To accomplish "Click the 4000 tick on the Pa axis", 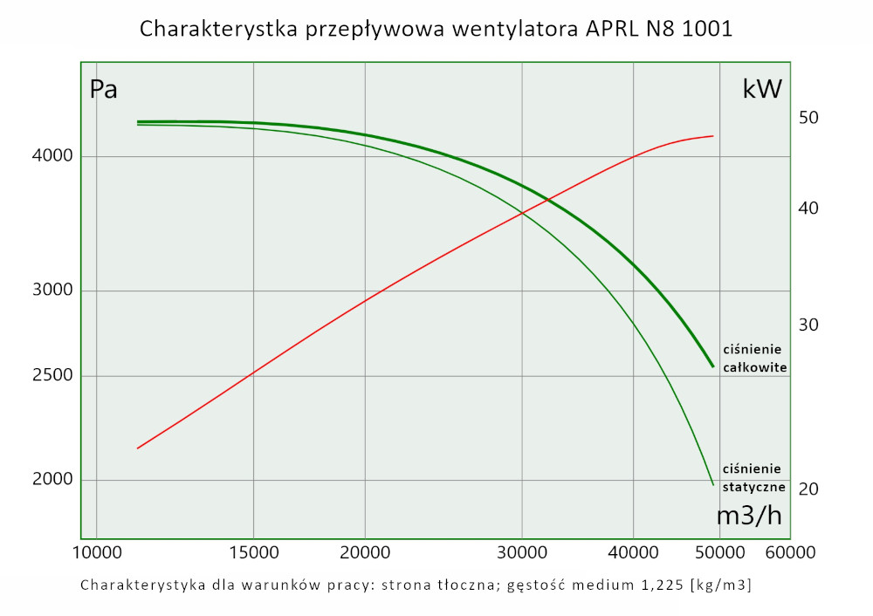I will click(x=52, y=157).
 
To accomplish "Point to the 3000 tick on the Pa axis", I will click(x=52, y=291).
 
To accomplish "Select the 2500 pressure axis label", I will click(x=52, y=376).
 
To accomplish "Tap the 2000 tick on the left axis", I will click(x=52, y=480).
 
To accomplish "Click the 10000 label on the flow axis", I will click(x=96, y=552).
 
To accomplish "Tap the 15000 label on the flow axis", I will click(x=253, y=552).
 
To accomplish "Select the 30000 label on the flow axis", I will click(x=522, y=552).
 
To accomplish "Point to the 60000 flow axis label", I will click(x=790, y=552).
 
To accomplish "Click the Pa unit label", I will click(x=104, y=90).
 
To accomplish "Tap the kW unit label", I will click(x=761, y=89).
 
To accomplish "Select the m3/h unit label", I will click(x=749, y=515).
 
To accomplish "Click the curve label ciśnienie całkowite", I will click(x=755, y=358).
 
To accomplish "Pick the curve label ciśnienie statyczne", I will click(x=754, y=477).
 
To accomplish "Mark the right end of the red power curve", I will click(x=713, y=136).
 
